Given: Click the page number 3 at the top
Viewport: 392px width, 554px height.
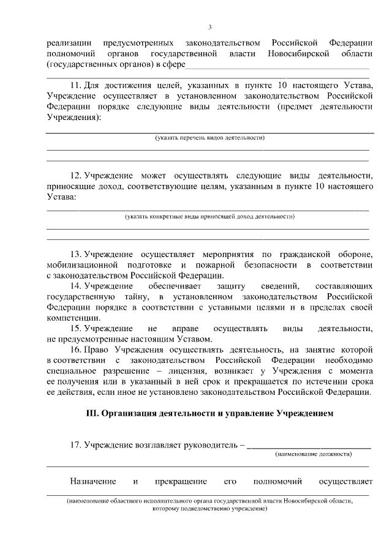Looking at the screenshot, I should [x=209, y=28].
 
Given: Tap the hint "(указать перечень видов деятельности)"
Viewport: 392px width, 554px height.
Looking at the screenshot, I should [x=209, y=138].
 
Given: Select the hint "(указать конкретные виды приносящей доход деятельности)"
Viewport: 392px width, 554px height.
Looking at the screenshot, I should [x=209, y=216].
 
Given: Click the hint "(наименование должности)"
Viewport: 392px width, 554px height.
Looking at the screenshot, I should [x=313, y=454].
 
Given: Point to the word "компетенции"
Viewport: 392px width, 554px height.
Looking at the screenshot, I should [x=70, y=318].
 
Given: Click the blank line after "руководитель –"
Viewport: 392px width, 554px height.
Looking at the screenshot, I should [x=309, y=446].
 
